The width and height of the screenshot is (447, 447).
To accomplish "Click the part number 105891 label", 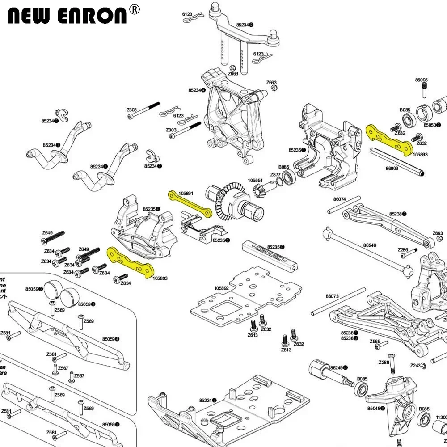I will [186, 194].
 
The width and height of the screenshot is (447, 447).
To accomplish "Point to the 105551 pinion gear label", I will [255, 181].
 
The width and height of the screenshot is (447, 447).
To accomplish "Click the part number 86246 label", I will [370, 245].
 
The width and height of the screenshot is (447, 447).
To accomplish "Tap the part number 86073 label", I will [332, 296].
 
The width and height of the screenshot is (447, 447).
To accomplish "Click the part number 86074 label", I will [339, 199].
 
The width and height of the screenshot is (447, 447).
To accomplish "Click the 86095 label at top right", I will [421, 80].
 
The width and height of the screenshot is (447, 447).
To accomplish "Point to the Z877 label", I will [275, 174].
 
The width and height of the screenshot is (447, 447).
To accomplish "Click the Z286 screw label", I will [403, 249].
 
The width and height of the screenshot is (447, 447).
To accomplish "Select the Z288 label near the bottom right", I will [384, 362].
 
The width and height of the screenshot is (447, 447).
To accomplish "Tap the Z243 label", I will [415, 365].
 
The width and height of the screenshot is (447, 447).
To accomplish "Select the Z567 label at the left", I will [79, 375].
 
